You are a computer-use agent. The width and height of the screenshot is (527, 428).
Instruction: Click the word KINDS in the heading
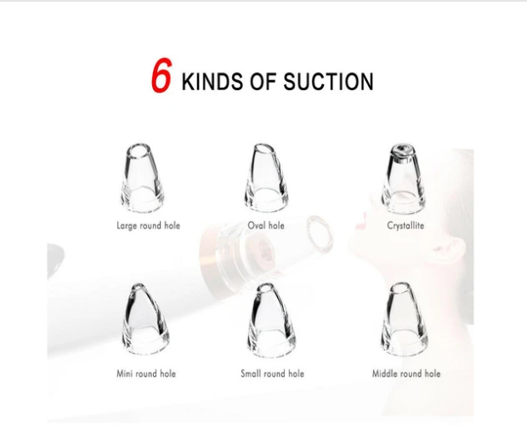(212, 83)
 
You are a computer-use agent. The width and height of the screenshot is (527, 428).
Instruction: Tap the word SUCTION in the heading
(332, 83)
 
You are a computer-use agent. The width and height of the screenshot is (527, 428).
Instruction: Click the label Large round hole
(148, 226)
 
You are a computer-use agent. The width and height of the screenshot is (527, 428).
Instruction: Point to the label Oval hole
(266, 226)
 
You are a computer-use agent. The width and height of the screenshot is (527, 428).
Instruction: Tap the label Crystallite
(405, 226)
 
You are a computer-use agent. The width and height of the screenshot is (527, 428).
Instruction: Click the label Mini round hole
(147, 374)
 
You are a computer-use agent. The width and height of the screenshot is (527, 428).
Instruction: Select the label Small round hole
(272, 374)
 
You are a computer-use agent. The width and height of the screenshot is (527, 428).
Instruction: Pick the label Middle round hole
(406, 374)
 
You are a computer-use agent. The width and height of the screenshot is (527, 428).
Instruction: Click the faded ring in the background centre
(319, 231)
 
